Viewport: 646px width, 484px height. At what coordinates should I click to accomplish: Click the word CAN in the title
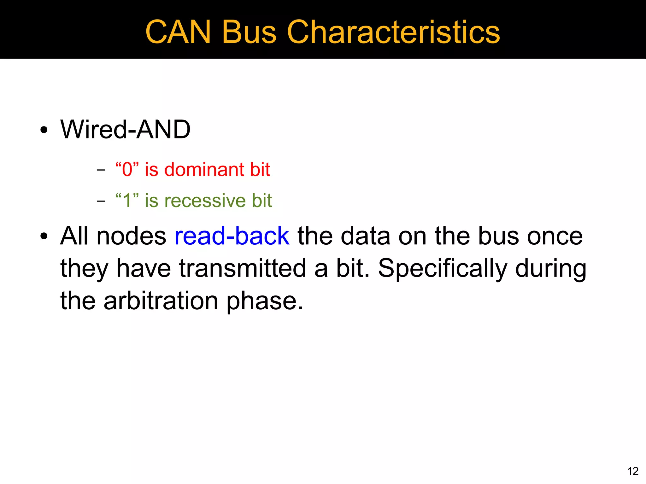click(x=178, y=32)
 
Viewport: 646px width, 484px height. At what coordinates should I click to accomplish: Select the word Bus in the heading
click(x=249, y=32)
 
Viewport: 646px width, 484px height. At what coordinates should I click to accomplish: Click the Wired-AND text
click(x=125, y=129)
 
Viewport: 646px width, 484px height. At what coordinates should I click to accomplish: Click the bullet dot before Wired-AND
click(x=44, y=130)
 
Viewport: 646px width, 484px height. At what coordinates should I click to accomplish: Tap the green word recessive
click(x=205, y=201)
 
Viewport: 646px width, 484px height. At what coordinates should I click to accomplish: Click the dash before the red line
click(x=101, y=170)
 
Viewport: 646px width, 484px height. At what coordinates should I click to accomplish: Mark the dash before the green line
click(x=101, y=201)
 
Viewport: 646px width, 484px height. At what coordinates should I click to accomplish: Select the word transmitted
click(x=243, y=268)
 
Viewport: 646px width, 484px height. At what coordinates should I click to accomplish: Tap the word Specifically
click(x=442, y=269)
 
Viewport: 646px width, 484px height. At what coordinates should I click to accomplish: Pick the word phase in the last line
click(x=264, y=301)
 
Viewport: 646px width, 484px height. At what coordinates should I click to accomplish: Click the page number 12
click(x=633, y=471)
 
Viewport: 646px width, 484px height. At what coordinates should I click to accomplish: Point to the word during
click(x=550, y=269)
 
